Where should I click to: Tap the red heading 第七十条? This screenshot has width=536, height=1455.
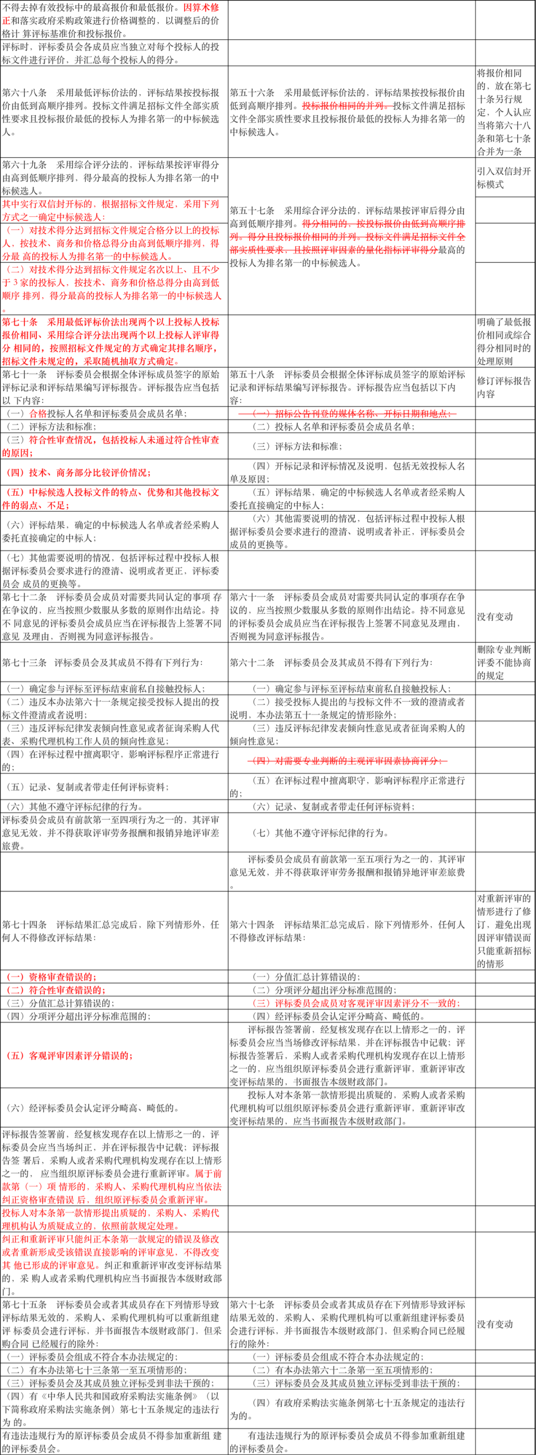tap(20, 322)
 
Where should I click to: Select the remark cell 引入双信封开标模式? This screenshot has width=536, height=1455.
tap(503, 177)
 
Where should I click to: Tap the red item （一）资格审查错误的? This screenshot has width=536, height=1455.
tap(51, 977)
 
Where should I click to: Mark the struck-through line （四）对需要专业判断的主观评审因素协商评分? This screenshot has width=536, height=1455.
tap(347, 761)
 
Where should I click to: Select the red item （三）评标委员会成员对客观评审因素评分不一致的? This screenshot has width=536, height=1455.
tap(356, 1003)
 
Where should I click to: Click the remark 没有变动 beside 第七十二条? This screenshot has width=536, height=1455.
tap(495, 616)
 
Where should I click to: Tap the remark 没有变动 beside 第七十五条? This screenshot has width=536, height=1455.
tap(495, 1323)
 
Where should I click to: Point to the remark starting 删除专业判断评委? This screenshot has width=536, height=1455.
tap(503, 662)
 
